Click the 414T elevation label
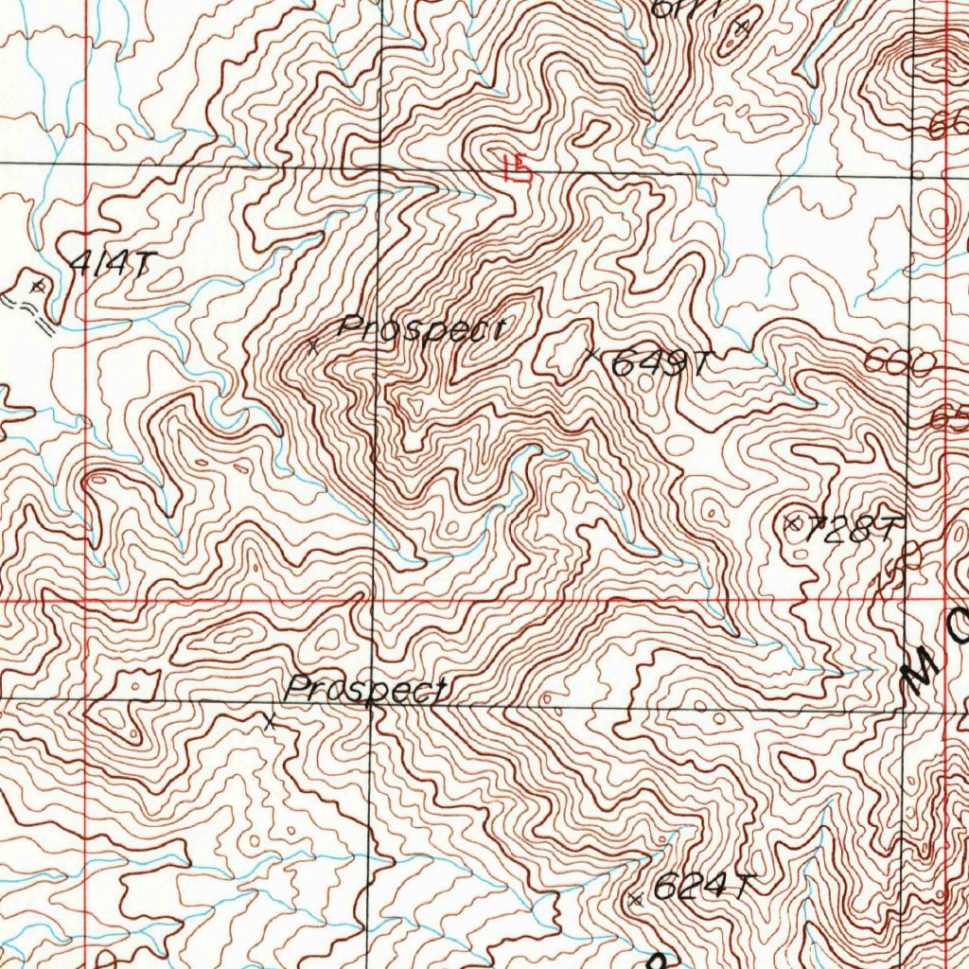[x=111, y=266]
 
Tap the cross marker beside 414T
[x=38, y=284]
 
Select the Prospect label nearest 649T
[x=422, y=329]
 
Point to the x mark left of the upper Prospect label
[x=313, y=346]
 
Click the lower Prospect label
[x=366, y=690]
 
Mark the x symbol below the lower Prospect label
[x=270, y=722]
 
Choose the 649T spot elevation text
[x=659, y=363]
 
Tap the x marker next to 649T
[x=593, y=355]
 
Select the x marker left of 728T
[x=793, y=522]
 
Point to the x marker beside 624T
[x=635, y=900]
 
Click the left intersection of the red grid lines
[x=86, y=599]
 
